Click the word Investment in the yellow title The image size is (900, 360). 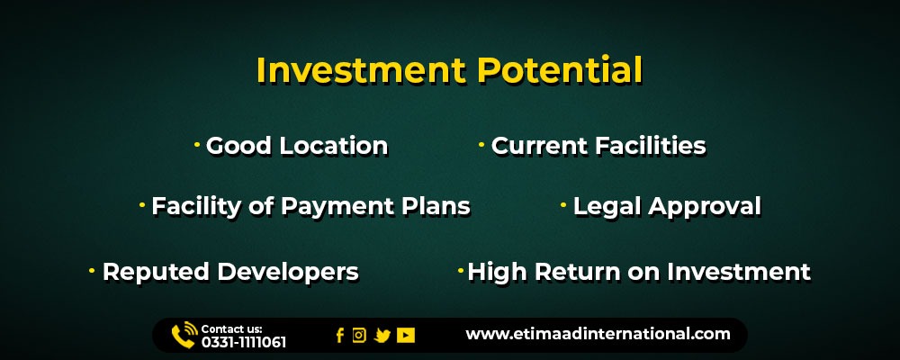click(x=361, y=70)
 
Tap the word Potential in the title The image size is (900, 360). click(x=560, y=70)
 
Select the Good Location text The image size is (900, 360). click(x=297, y=146)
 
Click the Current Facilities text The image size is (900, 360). click(x=598, y=146)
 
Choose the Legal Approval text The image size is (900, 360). click(x=667, y=207)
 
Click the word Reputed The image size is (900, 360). click(x=156, y=272)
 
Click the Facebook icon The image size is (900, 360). click(x=340, y=336)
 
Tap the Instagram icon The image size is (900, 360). click(x=359, y=336)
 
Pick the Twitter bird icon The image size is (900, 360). click(x=382, y=336)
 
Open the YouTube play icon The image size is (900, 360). click(x=405, y=336)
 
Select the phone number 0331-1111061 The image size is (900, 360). click(x=243, y=343)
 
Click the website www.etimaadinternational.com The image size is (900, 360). click(x=598, y=334)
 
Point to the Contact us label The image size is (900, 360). click(x=231, y=329)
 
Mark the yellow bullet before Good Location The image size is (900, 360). click(x=197, y=145)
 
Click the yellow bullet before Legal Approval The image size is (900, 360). click(x=563, y=205)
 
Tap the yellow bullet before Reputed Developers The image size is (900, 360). click(x=92, y=270)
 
